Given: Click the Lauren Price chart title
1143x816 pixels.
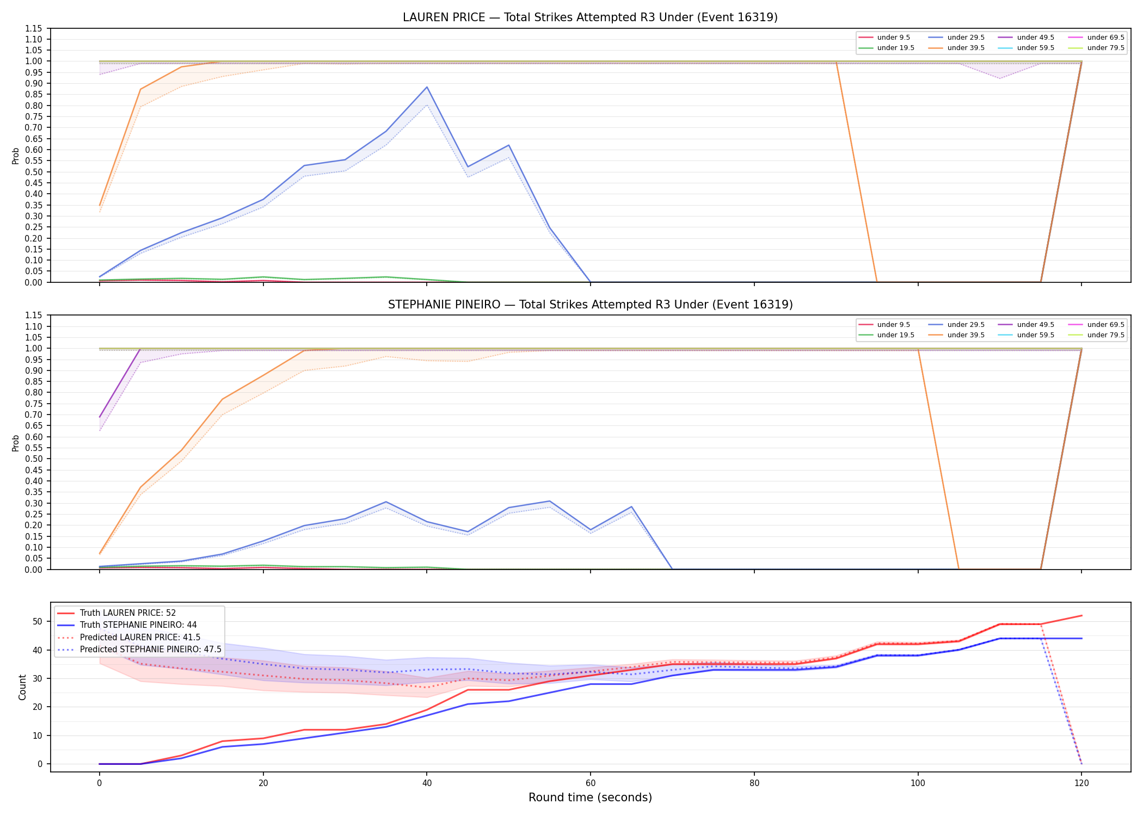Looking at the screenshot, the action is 590,17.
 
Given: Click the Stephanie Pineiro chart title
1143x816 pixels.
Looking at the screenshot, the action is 590,305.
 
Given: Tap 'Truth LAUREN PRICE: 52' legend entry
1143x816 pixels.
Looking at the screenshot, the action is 127,613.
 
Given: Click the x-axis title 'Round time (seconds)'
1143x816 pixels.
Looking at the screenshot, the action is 590,798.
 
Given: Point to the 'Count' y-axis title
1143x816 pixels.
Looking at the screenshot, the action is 22,687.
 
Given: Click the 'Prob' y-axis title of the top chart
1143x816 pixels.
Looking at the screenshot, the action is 16,156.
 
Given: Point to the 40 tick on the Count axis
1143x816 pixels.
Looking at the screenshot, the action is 38,650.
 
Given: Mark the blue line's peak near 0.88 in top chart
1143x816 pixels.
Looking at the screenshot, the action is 427,87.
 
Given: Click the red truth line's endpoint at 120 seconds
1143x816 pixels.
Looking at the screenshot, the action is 1081,616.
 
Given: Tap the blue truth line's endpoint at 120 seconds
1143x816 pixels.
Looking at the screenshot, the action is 1081,639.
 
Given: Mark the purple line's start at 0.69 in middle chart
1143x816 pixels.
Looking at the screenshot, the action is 100,417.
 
